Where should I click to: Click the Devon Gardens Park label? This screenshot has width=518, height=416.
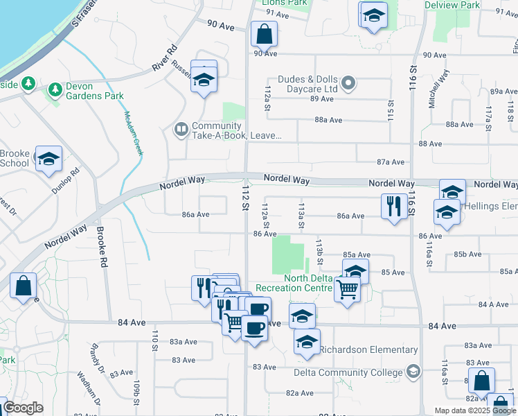point(94,91)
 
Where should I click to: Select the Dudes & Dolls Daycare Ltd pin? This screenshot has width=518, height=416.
point(348,84)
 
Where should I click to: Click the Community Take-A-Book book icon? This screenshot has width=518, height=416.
point(181,129)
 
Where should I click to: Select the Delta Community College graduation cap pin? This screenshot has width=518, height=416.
point(413,372)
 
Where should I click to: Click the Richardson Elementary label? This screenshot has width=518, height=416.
point(369,350)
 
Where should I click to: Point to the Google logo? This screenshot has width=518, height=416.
point(22,408)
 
